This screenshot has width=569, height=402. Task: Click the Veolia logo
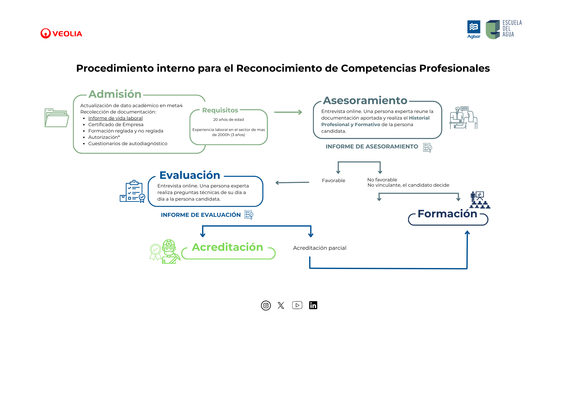coord(61,33)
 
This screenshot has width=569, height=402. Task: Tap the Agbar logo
coord(473,29)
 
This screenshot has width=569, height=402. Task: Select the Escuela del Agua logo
coord(503,29)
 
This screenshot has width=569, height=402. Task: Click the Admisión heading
coord(115,94)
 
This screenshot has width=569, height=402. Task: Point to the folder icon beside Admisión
coord(57,118)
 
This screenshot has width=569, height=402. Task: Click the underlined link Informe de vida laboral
coord(115,118)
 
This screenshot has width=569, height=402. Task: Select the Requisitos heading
coord(220,110)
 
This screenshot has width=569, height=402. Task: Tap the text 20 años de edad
coord(228,120)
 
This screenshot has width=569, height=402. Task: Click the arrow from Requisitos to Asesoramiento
coord(288,112)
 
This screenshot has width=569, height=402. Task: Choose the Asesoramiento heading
coord(365,101)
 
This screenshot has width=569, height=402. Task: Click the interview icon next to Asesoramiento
coord(463,118)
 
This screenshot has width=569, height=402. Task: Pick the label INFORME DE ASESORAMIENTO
coord(372,147)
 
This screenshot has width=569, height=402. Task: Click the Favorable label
coord(333,181)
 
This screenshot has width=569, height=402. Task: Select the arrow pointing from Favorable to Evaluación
coord(292,182)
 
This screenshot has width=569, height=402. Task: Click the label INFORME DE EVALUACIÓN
coord(200,215)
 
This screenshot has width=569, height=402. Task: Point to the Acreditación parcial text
coord(319,248)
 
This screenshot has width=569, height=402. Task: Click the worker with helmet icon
coord(169,252)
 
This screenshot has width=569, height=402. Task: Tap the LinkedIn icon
coord(313,305)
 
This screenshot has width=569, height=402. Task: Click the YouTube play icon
coord(297,305)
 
